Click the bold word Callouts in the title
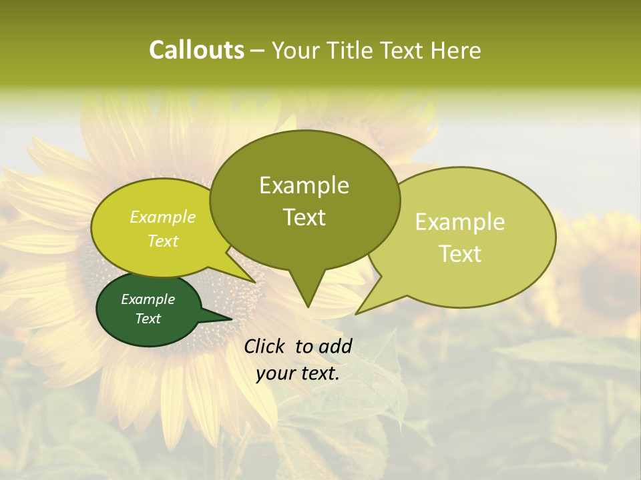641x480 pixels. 196,50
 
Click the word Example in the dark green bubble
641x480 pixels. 148,299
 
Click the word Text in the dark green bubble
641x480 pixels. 148,319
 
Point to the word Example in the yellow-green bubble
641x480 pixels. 162,217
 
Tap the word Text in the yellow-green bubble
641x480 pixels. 162,241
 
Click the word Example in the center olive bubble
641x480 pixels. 304,185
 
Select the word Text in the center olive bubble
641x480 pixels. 304,217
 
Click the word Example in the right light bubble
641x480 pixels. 460,222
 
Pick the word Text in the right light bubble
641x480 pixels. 460,254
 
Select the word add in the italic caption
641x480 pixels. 335,346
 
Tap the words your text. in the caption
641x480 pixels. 298,374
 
